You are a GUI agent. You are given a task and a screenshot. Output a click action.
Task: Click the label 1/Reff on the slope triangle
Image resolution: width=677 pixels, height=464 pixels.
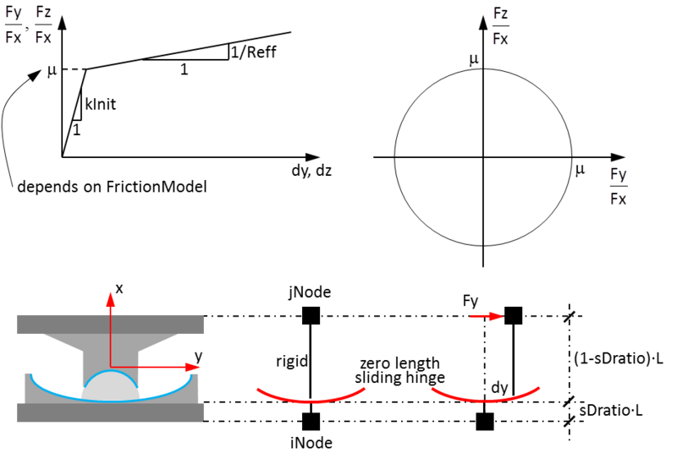pyautogui.click(x=253, y=52)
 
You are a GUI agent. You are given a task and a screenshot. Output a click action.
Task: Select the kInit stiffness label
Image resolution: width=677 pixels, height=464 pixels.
pyautogui.click(x=101, y=104)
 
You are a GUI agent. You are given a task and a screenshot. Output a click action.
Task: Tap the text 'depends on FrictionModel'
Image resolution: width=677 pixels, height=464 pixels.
pyautogui.click(x=113, y=187)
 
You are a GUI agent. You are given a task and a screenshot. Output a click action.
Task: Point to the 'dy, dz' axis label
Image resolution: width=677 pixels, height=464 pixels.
pyautogui.click(x=311, y=171)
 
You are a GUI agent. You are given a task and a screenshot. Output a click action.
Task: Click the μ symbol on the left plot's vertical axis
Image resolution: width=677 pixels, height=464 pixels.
pyautogui.click(x=52, y=70)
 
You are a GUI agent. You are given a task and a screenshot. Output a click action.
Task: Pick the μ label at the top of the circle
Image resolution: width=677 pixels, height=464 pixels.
pyautogui.click(x=474, y=59)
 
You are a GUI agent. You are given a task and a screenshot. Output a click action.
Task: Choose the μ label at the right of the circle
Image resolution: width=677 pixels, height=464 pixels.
pyautogui.click(x=581, y=170)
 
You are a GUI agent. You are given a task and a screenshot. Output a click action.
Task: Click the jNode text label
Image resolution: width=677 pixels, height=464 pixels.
pyautogui.click(x=310, y=292)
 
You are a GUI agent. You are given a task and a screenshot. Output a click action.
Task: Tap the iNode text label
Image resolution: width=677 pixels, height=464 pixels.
pyautogui.click(x=311, y=443)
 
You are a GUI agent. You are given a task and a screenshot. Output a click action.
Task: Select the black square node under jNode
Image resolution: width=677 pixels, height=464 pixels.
pyautogui.click(x=311, y=315)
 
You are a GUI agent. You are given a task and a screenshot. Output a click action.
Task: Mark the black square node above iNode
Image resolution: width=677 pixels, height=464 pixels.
pyautogui.click(x=311, y=421)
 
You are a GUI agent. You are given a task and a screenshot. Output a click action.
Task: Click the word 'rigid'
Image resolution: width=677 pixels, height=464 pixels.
pyautogui.click(x=292, y=361)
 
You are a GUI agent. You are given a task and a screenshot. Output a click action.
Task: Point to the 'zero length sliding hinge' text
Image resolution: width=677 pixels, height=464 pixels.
pyautogui.click(x=399, y=370)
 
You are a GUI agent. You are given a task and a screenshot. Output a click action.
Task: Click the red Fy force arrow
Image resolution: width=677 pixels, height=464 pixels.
pyautogui.click(x=487, y=317)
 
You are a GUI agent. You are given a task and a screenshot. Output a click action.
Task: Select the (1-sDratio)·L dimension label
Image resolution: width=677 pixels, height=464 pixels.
pyautogui.click(x=619, y=358)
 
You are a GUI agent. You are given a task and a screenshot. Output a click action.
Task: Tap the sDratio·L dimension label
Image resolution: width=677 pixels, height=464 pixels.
pyautogui.click(x=610, y=410)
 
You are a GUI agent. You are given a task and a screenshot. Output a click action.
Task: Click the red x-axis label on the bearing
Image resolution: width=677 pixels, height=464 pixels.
pyautogui.click(x=119, y=288)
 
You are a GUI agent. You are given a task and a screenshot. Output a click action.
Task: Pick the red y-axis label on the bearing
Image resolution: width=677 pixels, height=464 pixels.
pyautogui.click(x=198, y=357)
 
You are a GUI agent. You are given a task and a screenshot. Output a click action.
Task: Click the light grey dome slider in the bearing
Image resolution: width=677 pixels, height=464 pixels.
pyautogui.click(x=111, y=387)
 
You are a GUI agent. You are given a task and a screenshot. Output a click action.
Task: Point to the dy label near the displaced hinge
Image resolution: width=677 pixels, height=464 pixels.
pyautogui.click(x=499, y=388)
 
